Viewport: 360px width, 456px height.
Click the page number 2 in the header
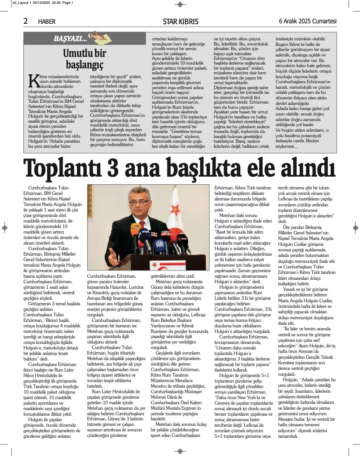point(26,21)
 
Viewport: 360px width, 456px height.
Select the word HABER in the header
point(47,22)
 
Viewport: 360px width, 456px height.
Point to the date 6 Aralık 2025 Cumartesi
point(307,21)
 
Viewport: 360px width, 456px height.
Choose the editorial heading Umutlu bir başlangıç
point(85,59)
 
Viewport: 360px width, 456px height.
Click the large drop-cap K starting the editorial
point(33,81)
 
